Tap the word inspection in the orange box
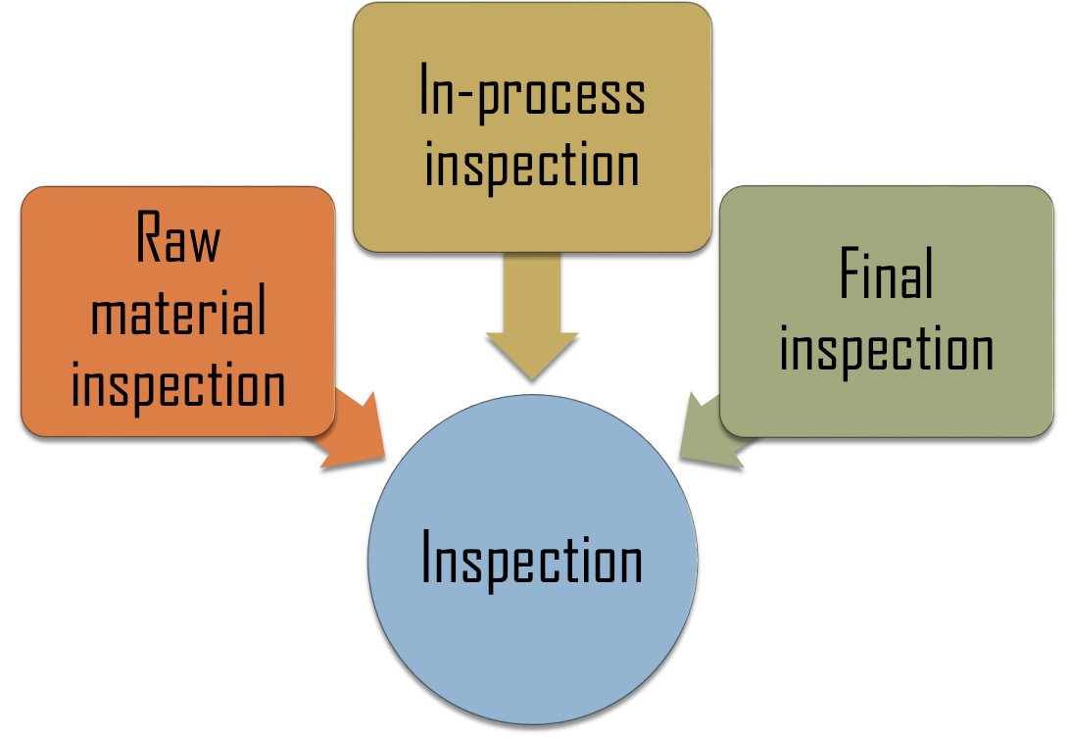[177, 386]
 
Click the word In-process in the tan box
[532, 95]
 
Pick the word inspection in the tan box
[532, 166]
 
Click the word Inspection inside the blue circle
[532, 561]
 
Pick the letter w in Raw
[203, 243]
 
